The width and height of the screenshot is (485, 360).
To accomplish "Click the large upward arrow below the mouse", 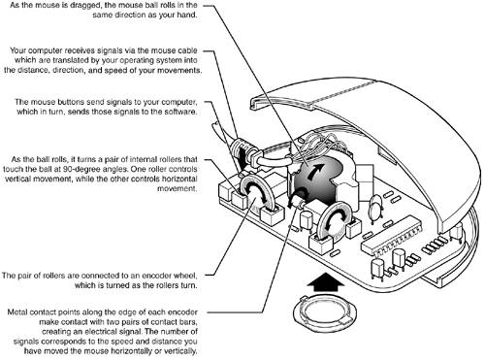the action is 324,282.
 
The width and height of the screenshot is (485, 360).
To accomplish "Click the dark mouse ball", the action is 318,181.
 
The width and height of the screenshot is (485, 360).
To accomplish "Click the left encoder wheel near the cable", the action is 256,193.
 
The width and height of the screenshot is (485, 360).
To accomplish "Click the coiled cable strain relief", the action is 242,152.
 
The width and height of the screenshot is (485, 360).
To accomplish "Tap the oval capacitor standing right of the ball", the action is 375,208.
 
